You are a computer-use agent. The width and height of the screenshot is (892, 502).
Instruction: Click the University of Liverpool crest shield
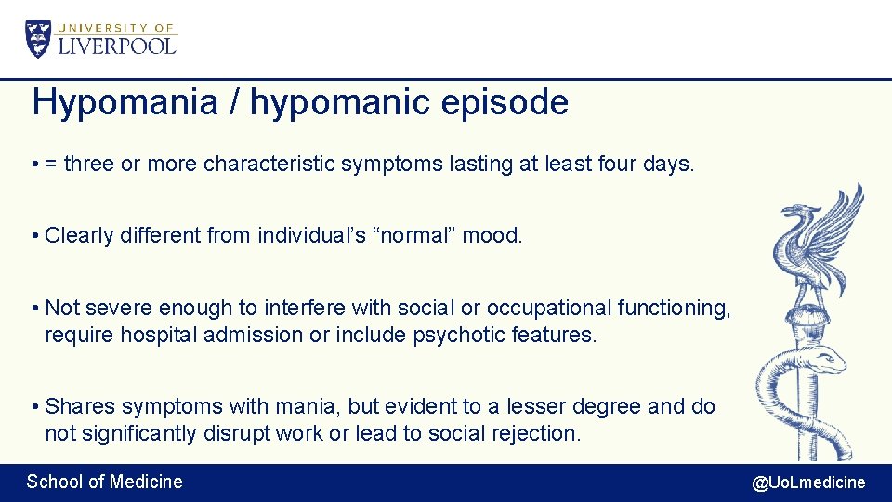coord(39,39)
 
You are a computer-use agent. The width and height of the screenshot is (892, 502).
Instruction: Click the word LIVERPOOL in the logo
coord(117,46)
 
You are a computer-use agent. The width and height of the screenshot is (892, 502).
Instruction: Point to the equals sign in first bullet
coord(51,165)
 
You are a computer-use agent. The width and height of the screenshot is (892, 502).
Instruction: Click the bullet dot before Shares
coord(33,407)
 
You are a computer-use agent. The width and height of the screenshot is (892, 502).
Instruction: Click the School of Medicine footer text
coord(104,482)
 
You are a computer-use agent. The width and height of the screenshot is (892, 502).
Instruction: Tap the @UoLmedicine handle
coord(807,482)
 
